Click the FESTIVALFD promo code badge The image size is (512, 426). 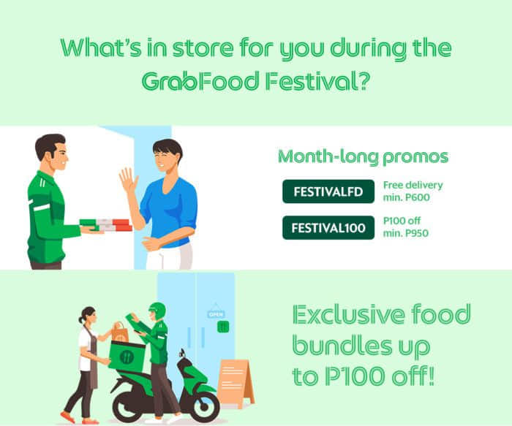(328, 191)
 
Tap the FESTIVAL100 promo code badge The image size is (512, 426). (328, 228)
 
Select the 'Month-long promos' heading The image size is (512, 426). (363, 157)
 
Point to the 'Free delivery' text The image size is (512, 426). (413, 185)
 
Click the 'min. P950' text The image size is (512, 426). (405, 233)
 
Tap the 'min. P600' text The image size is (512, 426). (406, 197)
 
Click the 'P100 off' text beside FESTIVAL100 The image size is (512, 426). (402, 221)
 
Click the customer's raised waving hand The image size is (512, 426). (128, 180)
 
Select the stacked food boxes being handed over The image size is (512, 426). (106, 225)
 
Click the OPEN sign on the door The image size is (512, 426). (216, 314)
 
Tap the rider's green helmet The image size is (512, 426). (158, 311)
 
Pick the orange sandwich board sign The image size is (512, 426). (235, 384)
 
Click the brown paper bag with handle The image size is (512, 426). (119, 332)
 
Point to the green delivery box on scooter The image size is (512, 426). (127, 356)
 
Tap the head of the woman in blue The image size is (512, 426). (167, 155)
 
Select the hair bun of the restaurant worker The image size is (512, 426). (80, 319)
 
